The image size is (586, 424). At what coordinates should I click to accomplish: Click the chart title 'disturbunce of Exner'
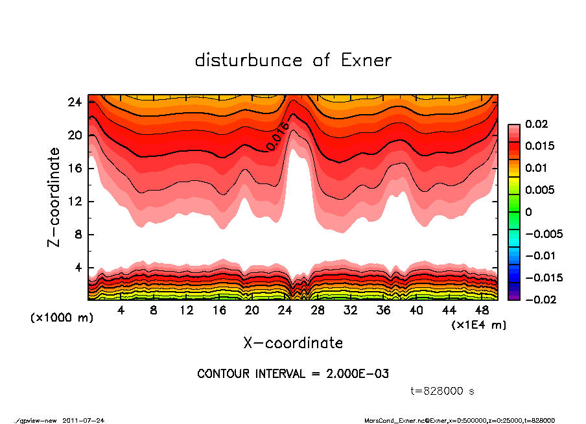click(x=293, y=60)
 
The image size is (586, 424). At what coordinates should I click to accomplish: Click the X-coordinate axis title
click(x=293, y=342)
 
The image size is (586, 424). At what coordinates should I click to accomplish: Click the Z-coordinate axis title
click(x=54, y=197)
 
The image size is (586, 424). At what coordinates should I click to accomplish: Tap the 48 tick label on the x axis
click(x=483, y=311)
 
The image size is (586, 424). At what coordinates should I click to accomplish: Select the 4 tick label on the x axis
click(x=121, y=311)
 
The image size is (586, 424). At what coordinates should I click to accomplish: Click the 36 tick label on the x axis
click(x=384, y=311)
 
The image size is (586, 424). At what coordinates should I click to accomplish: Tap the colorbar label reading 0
click(x=528, y=212)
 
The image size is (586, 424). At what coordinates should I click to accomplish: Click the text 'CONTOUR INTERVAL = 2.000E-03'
click(x=292, y=374)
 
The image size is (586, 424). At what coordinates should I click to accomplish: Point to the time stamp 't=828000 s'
click(x=443, y=392)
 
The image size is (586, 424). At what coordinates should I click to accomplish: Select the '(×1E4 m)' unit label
click(x=478, y=324)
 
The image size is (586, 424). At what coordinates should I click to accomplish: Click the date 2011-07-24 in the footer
click(x=84, y=420)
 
